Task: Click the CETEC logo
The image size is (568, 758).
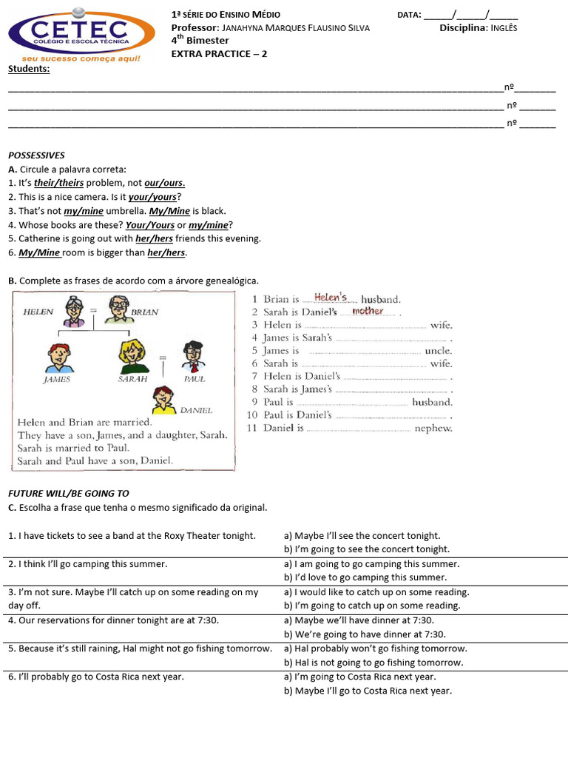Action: [81, 33]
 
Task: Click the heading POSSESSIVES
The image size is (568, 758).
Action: [36, 155]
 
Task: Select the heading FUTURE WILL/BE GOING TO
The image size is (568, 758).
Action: [68, 493]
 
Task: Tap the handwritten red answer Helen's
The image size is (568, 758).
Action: [331, 298]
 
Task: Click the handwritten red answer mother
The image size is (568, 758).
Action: [368, 312]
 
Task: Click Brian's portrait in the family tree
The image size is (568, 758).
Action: [118, 309]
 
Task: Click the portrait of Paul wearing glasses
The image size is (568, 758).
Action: [192, 357]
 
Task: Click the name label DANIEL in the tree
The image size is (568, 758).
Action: [196, 409]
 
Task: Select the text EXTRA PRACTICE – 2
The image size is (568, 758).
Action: [219, 54]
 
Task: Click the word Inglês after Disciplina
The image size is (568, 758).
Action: [504, 28]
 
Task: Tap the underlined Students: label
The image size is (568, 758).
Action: [29, 69]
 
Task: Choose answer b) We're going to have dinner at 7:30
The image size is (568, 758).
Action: [365, 634]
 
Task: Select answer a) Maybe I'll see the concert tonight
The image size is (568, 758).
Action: [362, 535]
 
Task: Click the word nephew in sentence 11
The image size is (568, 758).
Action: [433, 428]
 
